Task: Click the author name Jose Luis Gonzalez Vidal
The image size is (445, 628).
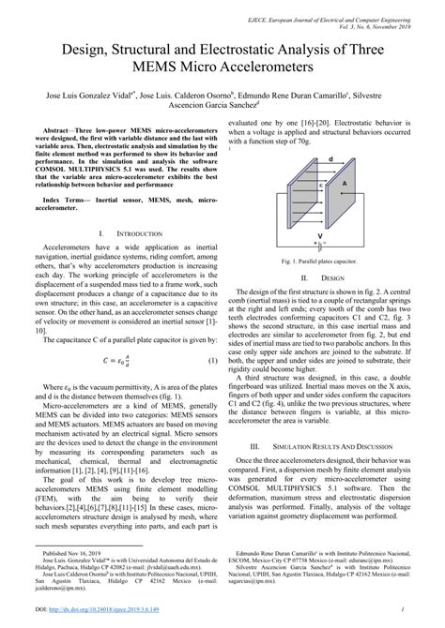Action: (89, 95)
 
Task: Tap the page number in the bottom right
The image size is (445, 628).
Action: (425, 611)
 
